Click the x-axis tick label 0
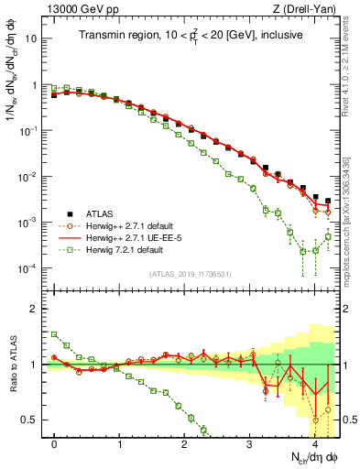pos(55,443)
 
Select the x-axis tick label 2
pos(185,443)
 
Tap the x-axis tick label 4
pos(315,443)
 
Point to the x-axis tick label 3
pos(250,443)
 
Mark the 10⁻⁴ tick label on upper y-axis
pos(30,268)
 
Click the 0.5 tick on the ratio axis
pos(30,420)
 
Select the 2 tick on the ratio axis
pos(35,308)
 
